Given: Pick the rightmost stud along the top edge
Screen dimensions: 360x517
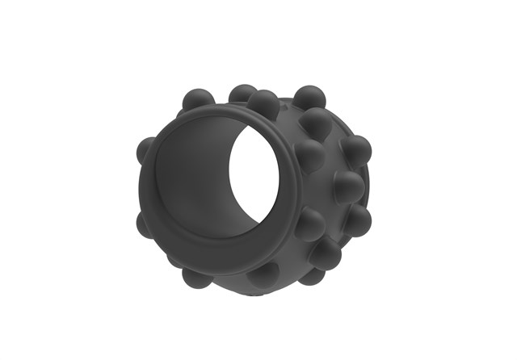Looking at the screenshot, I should coord(309,98).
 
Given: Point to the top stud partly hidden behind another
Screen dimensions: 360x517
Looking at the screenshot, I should coord(241,94).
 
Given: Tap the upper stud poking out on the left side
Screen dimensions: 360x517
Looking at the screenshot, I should coord(145,149).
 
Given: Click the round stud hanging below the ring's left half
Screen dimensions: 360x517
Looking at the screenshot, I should coord(196,277).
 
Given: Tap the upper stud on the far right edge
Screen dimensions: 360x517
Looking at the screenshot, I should coord(356,151).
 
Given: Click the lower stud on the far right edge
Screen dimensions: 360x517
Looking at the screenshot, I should coord(358,220).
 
